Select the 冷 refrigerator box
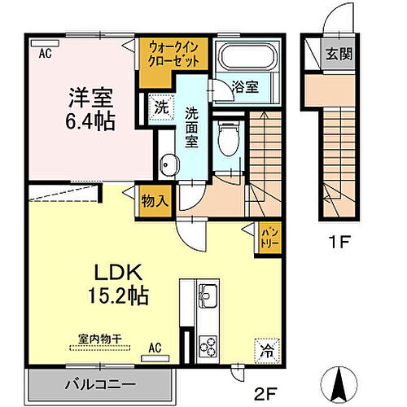(265, 349)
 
